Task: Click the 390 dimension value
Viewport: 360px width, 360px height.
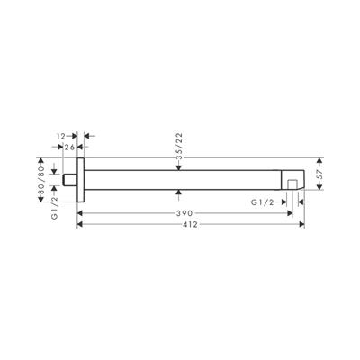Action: coord(184,213)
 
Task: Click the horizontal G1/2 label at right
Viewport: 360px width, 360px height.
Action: coord(265,204)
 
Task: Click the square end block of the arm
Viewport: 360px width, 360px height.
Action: coord(293,177)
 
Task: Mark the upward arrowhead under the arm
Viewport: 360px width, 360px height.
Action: coord(183,193)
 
